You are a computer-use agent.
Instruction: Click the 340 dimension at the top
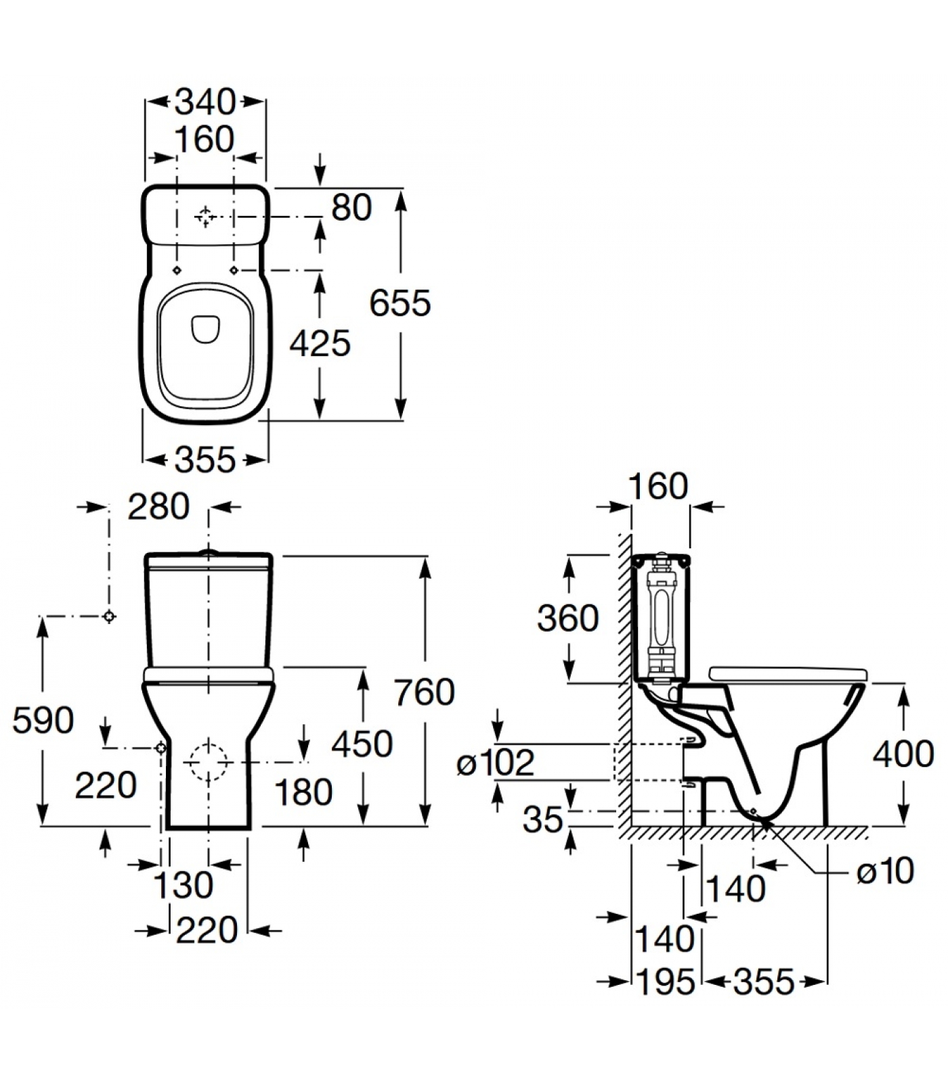205,102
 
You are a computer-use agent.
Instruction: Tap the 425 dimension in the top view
320,344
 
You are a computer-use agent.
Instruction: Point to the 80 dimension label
351,208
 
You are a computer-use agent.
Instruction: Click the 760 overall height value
424,692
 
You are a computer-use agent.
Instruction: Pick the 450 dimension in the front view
362,744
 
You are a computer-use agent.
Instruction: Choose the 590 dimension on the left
43,720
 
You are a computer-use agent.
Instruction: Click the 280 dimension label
158,507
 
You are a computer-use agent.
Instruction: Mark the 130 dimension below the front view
184,885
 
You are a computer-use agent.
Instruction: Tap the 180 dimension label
303,792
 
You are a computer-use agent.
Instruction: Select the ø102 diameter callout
496,764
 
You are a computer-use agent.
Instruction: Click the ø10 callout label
885,872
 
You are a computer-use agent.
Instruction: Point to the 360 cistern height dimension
567,619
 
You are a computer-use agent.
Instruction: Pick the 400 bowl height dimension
903,754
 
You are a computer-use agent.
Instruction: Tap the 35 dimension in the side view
542,820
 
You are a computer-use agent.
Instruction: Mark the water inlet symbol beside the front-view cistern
109,617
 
